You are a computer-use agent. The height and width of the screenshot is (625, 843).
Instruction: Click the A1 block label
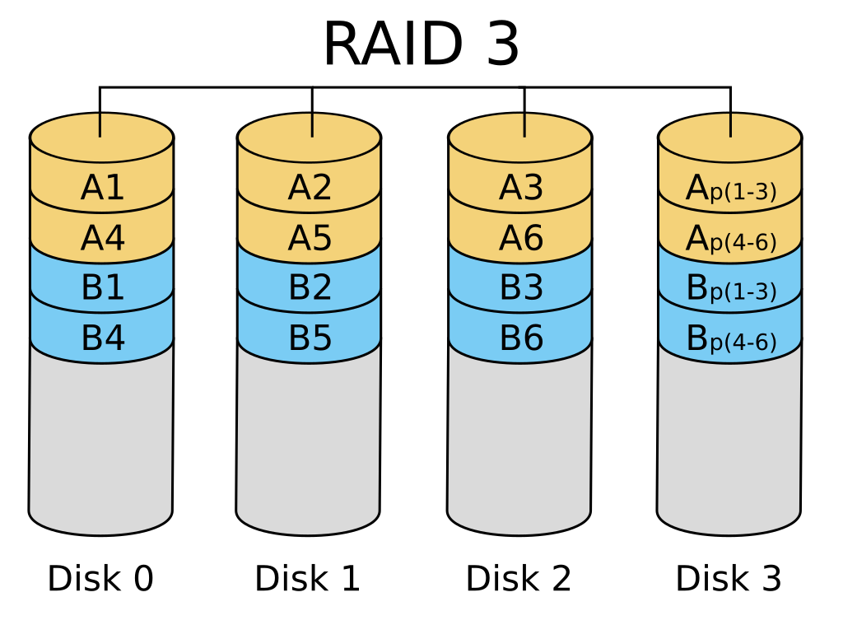tap(102, 189)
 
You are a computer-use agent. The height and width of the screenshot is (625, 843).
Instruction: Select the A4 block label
tap(102, 239)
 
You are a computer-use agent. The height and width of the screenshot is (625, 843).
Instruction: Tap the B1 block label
tap(102, 288)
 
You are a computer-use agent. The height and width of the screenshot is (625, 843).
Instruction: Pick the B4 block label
tap(102, 338)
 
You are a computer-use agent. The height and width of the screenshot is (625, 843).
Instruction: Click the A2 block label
tap(310, 189)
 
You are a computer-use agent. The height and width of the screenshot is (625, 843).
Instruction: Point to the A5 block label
tap(310, 239)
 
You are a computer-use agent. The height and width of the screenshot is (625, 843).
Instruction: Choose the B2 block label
tap(310, 288)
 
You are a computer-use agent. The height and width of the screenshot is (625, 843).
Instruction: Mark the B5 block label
tap(310, 338)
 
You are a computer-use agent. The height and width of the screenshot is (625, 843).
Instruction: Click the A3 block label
tap(520, 189)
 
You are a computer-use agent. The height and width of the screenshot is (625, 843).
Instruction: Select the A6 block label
tap(520, 239)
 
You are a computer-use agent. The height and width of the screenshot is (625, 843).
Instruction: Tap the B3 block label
tap(520, 288)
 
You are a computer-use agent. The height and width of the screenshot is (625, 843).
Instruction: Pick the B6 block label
tap(520, 338)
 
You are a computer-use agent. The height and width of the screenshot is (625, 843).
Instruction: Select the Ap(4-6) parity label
tap(730, 240)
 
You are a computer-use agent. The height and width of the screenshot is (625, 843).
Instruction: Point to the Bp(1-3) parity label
tap(730, 290)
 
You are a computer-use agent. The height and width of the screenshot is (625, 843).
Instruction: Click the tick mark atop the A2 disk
tap(312, 125)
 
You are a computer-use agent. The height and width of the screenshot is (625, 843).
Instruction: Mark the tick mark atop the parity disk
tap(730, 125)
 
